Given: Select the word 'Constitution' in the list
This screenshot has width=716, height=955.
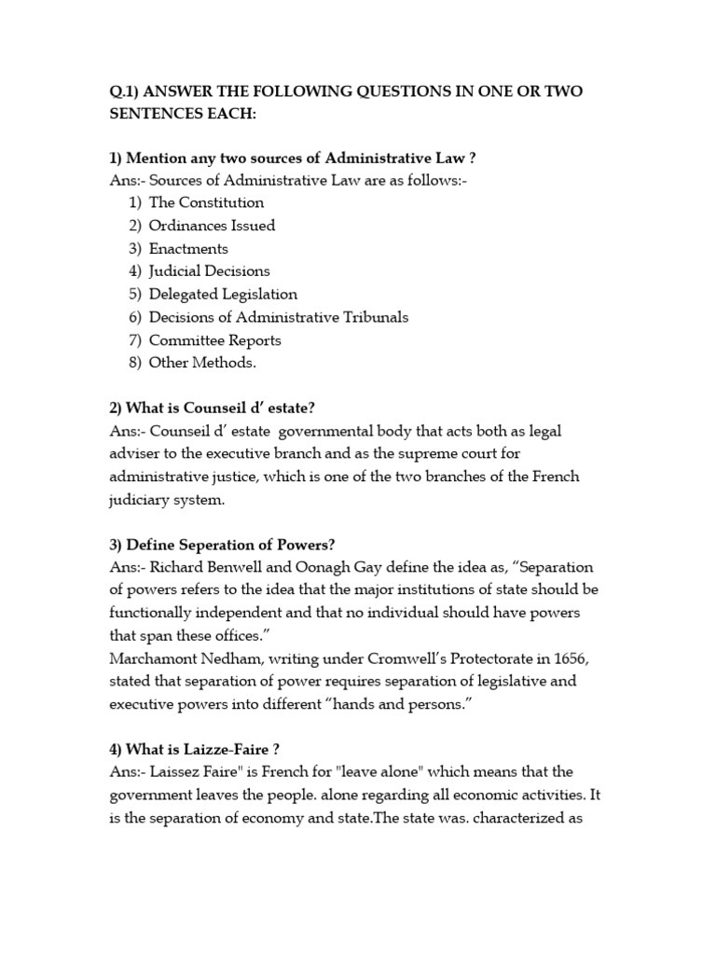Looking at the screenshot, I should pos(221,202).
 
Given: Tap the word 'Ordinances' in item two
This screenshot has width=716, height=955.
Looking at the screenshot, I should pos(190,226).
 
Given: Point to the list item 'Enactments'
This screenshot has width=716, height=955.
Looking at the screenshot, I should pos(188,249).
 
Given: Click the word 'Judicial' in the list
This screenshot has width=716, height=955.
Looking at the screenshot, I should pos(178,271).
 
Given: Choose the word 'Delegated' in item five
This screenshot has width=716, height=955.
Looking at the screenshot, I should pos(185,295).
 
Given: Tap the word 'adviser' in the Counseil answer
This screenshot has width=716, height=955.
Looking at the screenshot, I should pos(136,454).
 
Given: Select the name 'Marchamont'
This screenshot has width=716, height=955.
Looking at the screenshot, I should pos(155,659).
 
